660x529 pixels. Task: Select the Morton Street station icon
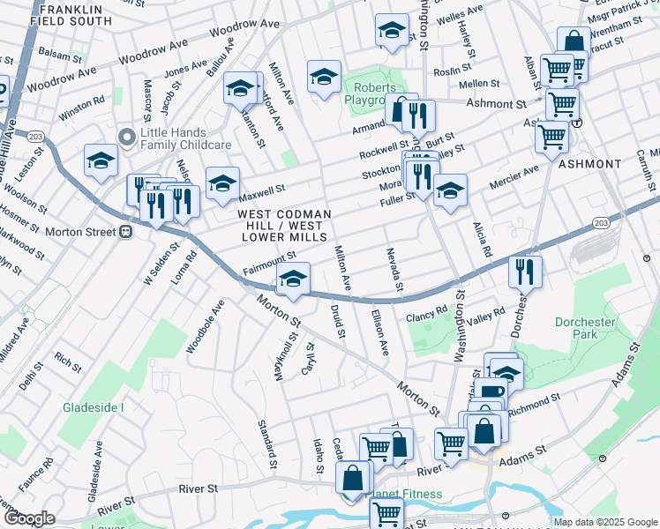(125, 232)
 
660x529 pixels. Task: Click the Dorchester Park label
(584, 328)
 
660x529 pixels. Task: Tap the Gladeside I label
(93, 407)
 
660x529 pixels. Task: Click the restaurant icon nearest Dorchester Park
(526, 272)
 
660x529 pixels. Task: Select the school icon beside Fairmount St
(293, 279)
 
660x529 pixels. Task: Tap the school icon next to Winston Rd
(101, 161)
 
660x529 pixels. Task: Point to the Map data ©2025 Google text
(605, 521)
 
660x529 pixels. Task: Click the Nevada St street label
(394, 270)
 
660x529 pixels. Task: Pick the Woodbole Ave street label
(205, 327)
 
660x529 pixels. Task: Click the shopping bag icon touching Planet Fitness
(353, 480)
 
